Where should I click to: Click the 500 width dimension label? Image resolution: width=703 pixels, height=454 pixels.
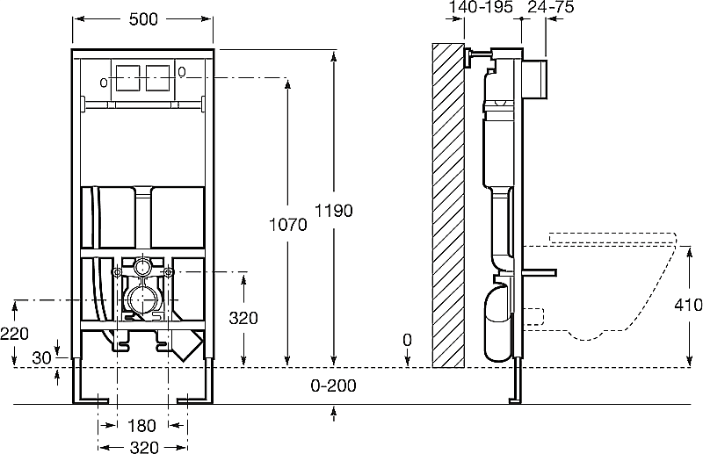pos(142,19)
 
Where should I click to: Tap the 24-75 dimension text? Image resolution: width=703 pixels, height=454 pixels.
pos(550,8)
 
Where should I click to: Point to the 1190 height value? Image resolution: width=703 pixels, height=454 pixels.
pos(334,211)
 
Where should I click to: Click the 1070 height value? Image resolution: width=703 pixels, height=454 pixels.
pos(288,225)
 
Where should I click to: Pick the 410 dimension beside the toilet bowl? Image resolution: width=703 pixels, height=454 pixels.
pos(688,306)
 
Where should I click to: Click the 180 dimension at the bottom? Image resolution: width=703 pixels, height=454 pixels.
pos(142,426)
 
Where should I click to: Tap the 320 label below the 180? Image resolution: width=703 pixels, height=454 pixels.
pos(142,446)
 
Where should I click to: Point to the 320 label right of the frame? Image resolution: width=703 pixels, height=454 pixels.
pos(243,318)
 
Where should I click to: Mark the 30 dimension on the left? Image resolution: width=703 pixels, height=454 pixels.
pos(40,357)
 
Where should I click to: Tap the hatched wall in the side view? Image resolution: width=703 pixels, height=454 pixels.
pos(448,202)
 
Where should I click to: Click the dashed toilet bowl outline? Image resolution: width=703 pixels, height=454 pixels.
pos(615,290)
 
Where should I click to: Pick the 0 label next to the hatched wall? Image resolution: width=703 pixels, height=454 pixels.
pos(407,339)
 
